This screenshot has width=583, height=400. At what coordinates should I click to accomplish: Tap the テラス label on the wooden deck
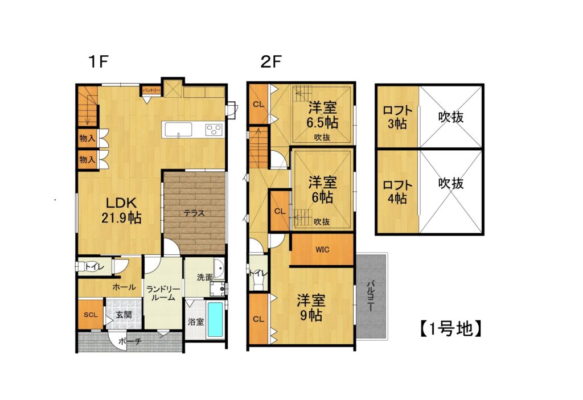(194, 213)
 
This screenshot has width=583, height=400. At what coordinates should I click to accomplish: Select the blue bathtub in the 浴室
(215, 319)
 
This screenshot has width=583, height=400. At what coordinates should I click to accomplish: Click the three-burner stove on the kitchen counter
(214, 129)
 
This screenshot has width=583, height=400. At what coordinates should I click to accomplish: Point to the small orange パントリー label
(151, 90)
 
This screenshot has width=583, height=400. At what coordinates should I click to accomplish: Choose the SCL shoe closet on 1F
(91, 315)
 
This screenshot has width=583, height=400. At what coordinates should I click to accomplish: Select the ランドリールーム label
(163, 294)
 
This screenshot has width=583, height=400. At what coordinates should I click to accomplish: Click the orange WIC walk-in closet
(322, 249)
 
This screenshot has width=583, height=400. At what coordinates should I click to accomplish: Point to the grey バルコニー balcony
(371, 295)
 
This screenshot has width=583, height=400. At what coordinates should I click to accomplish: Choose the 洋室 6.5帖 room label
(323, 114)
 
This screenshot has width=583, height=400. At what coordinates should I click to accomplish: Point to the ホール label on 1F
(124, 287)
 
